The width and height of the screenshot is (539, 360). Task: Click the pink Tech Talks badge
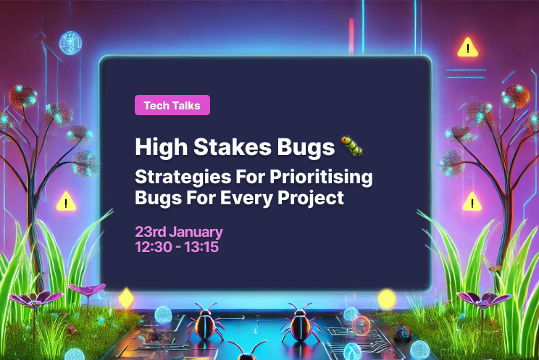coord(172,105)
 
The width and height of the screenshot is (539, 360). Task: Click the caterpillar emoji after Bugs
coord(352,146)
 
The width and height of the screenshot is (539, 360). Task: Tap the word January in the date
coord(196,233)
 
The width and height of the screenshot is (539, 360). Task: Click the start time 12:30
coord(152,247)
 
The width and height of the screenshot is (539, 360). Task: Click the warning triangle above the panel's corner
coord(469,48)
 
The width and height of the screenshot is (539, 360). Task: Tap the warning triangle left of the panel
coord(67,201)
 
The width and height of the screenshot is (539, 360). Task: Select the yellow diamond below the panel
coord(127,297)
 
